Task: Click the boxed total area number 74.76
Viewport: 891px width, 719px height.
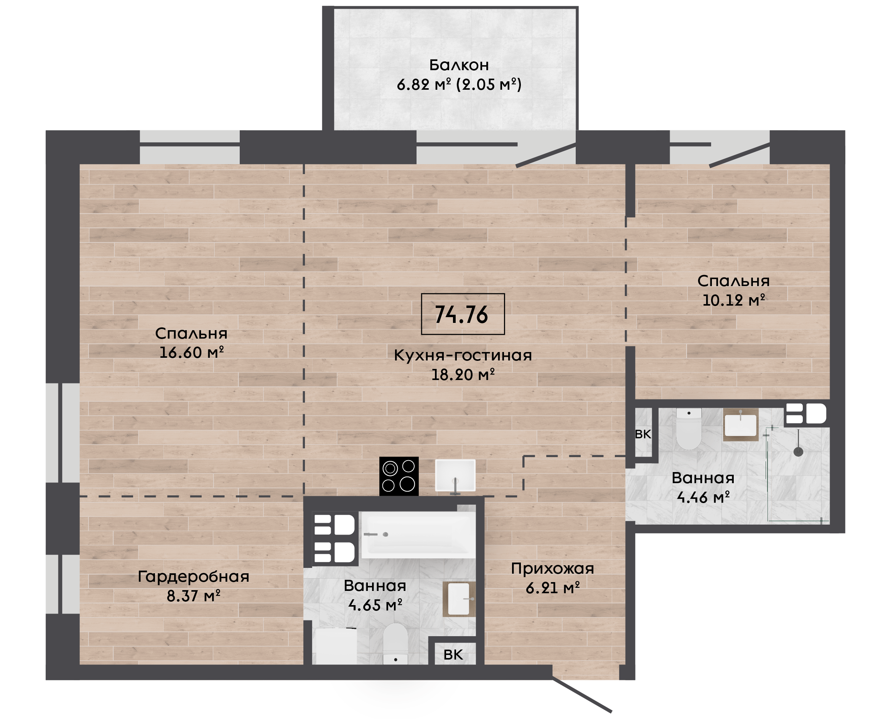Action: pyautogui.click(x=462, y=314)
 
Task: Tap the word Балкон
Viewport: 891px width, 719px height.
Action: pyautogui.click(x=459, y=65)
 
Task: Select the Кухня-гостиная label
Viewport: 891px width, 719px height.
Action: pyautogui.click(x=463, y=355)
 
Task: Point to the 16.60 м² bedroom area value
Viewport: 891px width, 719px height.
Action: pyautogui.click(x=191, y=352)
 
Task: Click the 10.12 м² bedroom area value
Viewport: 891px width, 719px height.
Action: pyautogui.click(x=733, y=300)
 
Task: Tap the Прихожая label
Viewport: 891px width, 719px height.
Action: pyautogui.click(x=553, y=569)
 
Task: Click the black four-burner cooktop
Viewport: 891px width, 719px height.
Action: pyautogui.click(x=399, y=476)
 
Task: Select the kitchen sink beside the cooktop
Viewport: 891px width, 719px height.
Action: pyautogui.click(x=455, y=476)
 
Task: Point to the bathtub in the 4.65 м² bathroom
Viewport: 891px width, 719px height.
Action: pyautogui.click(x=418, y=535)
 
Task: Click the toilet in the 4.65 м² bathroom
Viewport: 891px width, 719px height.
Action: pyautogui.click(x=395, y=644)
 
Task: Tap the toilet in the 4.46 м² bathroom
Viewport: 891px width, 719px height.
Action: pyautogui.click(x=689, y=429)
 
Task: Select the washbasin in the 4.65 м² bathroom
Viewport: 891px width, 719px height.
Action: pyautogui.click(x=459, y=599)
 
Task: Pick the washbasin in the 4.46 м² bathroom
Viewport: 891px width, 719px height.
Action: pyautogui.click(x=741, y=424)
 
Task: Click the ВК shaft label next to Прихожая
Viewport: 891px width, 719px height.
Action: pyautogui.click(x=453, y=655)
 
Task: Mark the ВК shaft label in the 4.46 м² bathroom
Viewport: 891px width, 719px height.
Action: pyautogui.click(x=643, y=434)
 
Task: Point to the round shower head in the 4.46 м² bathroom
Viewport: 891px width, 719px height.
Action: pyautogui.click(x=798, y=452)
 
